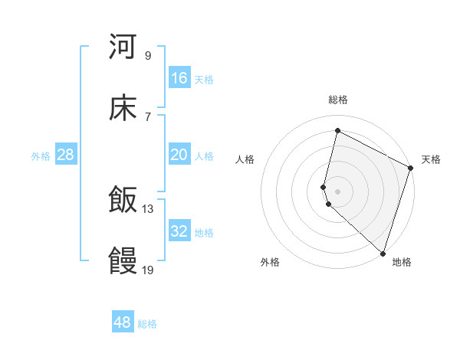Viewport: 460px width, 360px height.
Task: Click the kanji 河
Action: tap(123, 47)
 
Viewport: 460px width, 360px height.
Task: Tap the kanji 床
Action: tap(123, 109)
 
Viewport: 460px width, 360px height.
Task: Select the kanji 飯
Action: tap(123, 201)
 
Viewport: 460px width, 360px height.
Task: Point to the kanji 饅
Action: tap(123, 262)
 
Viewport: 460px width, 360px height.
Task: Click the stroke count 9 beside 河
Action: tap(148, 55)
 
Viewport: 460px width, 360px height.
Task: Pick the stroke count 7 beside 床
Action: tap(148, 116)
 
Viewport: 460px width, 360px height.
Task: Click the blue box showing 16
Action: tap(179, 78)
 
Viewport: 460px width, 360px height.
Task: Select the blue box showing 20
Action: tap(179, 155)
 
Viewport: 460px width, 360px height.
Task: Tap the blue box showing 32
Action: tap(179, 231)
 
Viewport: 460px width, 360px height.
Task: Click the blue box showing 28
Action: tap(66, 155)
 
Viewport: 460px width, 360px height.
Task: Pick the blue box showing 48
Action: tap(123, 322)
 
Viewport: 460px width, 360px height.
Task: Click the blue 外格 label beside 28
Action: tap(41, 156)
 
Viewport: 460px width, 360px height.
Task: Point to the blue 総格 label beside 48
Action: tap(147, 324)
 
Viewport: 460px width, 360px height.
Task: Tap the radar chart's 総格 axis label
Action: tap(338, 100)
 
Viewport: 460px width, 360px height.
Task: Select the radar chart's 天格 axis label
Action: tap(431, 159)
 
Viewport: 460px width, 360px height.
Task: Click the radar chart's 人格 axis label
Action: tap(245, 159)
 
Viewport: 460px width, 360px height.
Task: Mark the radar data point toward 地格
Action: tap(383, 254)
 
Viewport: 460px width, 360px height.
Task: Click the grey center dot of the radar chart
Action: tap(338, 191)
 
